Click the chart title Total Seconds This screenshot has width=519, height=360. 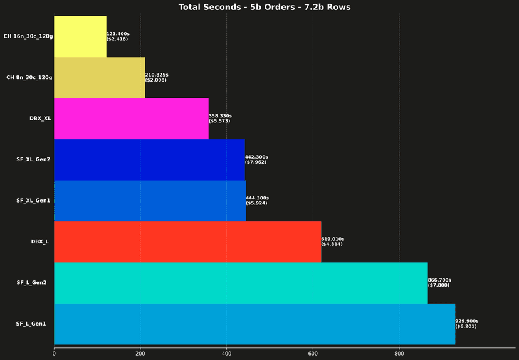point(264,8)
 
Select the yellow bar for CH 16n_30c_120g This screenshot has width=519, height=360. point(80,36)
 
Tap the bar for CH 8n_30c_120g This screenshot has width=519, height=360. point(100,78)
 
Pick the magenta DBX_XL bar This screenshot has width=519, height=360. point(131,119)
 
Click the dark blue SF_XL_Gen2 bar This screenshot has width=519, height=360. point(149,159)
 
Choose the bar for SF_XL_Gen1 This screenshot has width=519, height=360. point(150,201)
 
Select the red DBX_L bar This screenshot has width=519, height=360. point(187,241)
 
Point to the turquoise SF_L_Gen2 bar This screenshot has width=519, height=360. point(241,283)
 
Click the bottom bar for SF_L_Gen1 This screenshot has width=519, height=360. point(254,324)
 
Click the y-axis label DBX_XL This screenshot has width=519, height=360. point(40,119)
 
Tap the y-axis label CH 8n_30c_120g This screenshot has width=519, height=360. point(29,78)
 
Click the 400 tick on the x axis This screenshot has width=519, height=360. point(226,354)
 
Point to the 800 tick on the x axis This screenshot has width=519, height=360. point(399,354)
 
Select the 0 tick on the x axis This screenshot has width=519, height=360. point(54,354)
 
